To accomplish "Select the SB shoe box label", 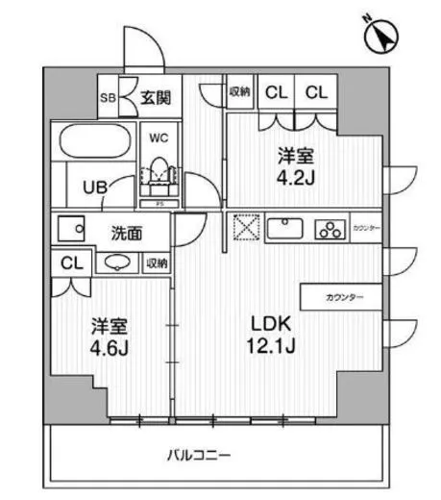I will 110,97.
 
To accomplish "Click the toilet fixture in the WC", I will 158,171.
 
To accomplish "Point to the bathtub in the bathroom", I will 94,143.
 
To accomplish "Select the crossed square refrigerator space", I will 244,230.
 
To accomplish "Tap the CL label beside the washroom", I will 71,262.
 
